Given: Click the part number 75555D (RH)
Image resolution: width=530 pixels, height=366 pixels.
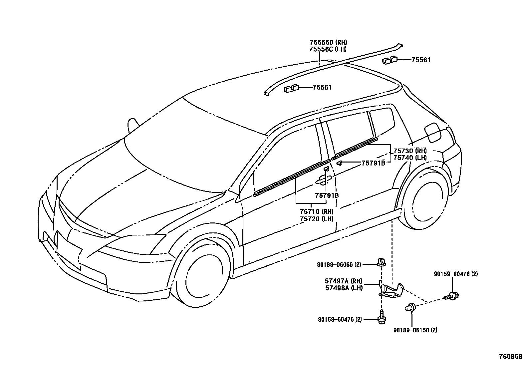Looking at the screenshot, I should tap(328, 42).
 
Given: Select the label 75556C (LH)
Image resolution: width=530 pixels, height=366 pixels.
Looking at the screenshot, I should tap(328, 49).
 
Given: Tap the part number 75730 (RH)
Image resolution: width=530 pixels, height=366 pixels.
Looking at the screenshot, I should tap(410, 151).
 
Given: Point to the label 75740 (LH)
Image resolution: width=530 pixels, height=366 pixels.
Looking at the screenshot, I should tap(410, 158).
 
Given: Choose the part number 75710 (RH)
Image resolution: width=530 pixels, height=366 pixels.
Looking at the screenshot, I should tap(316, 211).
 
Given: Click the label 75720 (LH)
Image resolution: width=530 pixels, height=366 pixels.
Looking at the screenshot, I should tap(316, 219).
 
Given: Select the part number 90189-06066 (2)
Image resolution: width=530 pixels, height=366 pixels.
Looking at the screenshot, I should tap(339, 264).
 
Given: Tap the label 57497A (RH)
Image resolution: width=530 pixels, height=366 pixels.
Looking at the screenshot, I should tap(344, 281).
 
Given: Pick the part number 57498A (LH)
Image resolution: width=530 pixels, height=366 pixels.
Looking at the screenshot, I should tap(344, 288).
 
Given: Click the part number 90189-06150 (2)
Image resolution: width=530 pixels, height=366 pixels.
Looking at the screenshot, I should tap(415, 330).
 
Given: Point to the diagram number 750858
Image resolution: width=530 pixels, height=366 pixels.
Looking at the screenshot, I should tap(510, 356).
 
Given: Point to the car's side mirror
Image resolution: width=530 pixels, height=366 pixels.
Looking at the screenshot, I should tap(132, 125).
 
